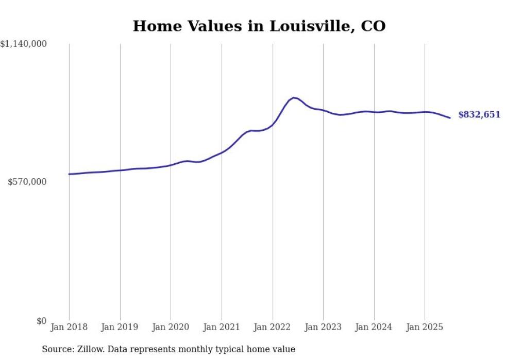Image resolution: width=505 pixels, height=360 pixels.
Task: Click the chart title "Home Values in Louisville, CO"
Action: pos(259,26)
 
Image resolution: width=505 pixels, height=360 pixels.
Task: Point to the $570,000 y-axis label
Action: pos(27,182)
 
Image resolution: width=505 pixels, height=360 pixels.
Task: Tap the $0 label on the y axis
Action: pos(41,321)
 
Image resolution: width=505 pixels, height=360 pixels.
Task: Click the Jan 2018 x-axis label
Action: pos(69,327)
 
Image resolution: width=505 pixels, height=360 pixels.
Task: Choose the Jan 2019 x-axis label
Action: pos(120,327)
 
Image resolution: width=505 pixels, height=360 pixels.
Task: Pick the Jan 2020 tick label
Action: pos(171,327)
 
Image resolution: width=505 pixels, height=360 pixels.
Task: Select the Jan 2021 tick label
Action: pos(222,327)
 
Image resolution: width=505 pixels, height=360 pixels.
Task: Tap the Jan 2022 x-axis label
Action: pos(273,327)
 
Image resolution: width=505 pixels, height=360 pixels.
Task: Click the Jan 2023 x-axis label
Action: pos(323,327)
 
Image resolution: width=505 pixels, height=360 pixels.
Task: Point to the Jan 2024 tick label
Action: pos(374,327)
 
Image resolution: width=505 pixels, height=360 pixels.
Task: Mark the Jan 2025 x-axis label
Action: pos(425,327)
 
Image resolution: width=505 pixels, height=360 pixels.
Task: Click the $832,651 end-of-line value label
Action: pos(479,115)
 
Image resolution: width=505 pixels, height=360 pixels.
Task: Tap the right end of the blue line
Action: pos(450,118)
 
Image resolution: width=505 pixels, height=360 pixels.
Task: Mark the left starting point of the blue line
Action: pos(69,174)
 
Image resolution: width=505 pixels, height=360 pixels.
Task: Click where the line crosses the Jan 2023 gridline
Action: pos(323,110)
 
